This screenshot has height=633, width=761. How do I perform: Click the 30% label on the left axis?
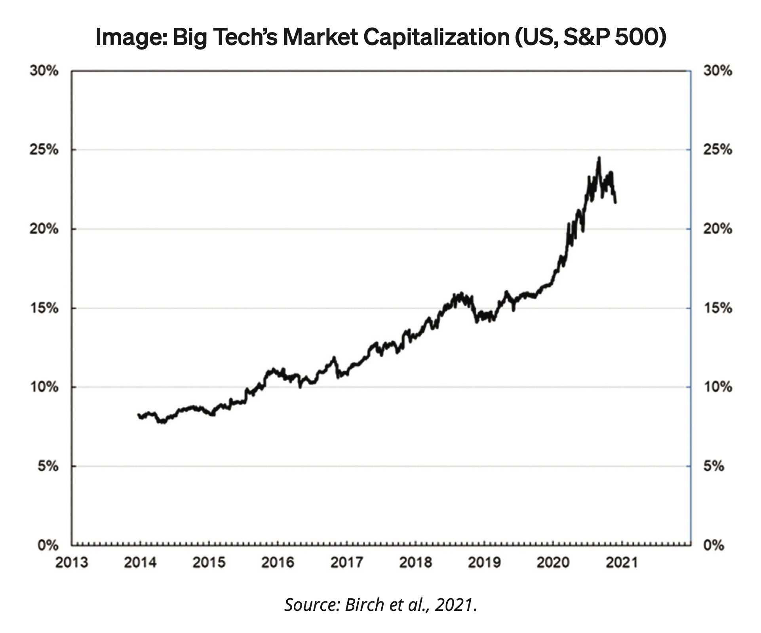click(x=44, y=71)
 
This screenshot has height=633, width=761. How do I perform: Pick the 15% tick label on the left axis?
click(x=44, y=308)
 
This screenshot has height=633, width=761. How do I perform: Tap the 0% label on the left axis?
click(x=48, y=546)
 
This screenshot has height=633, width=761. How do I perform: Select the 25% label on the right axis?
click(x=717, y=150)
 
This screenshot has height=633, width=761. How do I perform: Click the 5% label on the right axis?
click(x=713, y=466)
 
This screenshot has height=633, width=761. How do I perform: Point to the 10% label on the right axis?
click(x=717, y=387)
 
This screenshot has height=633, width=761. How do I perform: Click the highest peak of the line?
click(x=599, y=157)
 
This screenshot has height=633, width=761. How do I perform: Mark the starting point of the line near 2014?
click(x=139, y=415)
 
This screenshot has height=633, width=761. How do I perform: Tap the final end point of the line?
click(x=616, y=203)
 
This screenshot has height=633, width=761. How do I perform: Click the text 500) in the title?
click(x=640, y=38)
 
